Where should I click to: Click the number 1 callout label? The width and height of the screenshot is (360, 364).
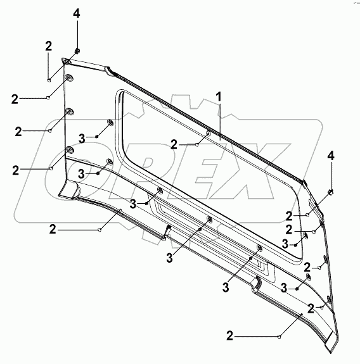coord(219,97)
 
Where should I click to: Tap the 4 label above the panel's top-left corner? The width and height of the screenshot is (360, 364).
coord(77,13)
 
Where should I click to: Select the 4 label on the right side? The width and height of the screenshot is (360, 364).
coord(331,156)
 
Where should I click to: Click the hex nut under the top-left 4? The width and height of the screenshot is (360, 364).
coord(77,51)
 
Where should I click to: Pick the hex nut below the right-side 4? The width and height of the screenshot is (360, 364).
coord(330,192)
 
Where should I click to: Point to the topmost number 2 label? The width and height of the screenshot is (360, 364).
coord(48,46)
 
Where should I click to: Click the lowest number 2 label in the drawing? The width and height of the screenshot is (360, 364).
coord(229,336)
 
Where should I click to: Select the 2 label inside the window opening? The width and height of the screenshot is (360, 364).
coord(174,144)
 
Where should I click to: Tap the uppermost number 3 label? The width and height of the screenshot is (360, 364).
coord(82,139)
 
